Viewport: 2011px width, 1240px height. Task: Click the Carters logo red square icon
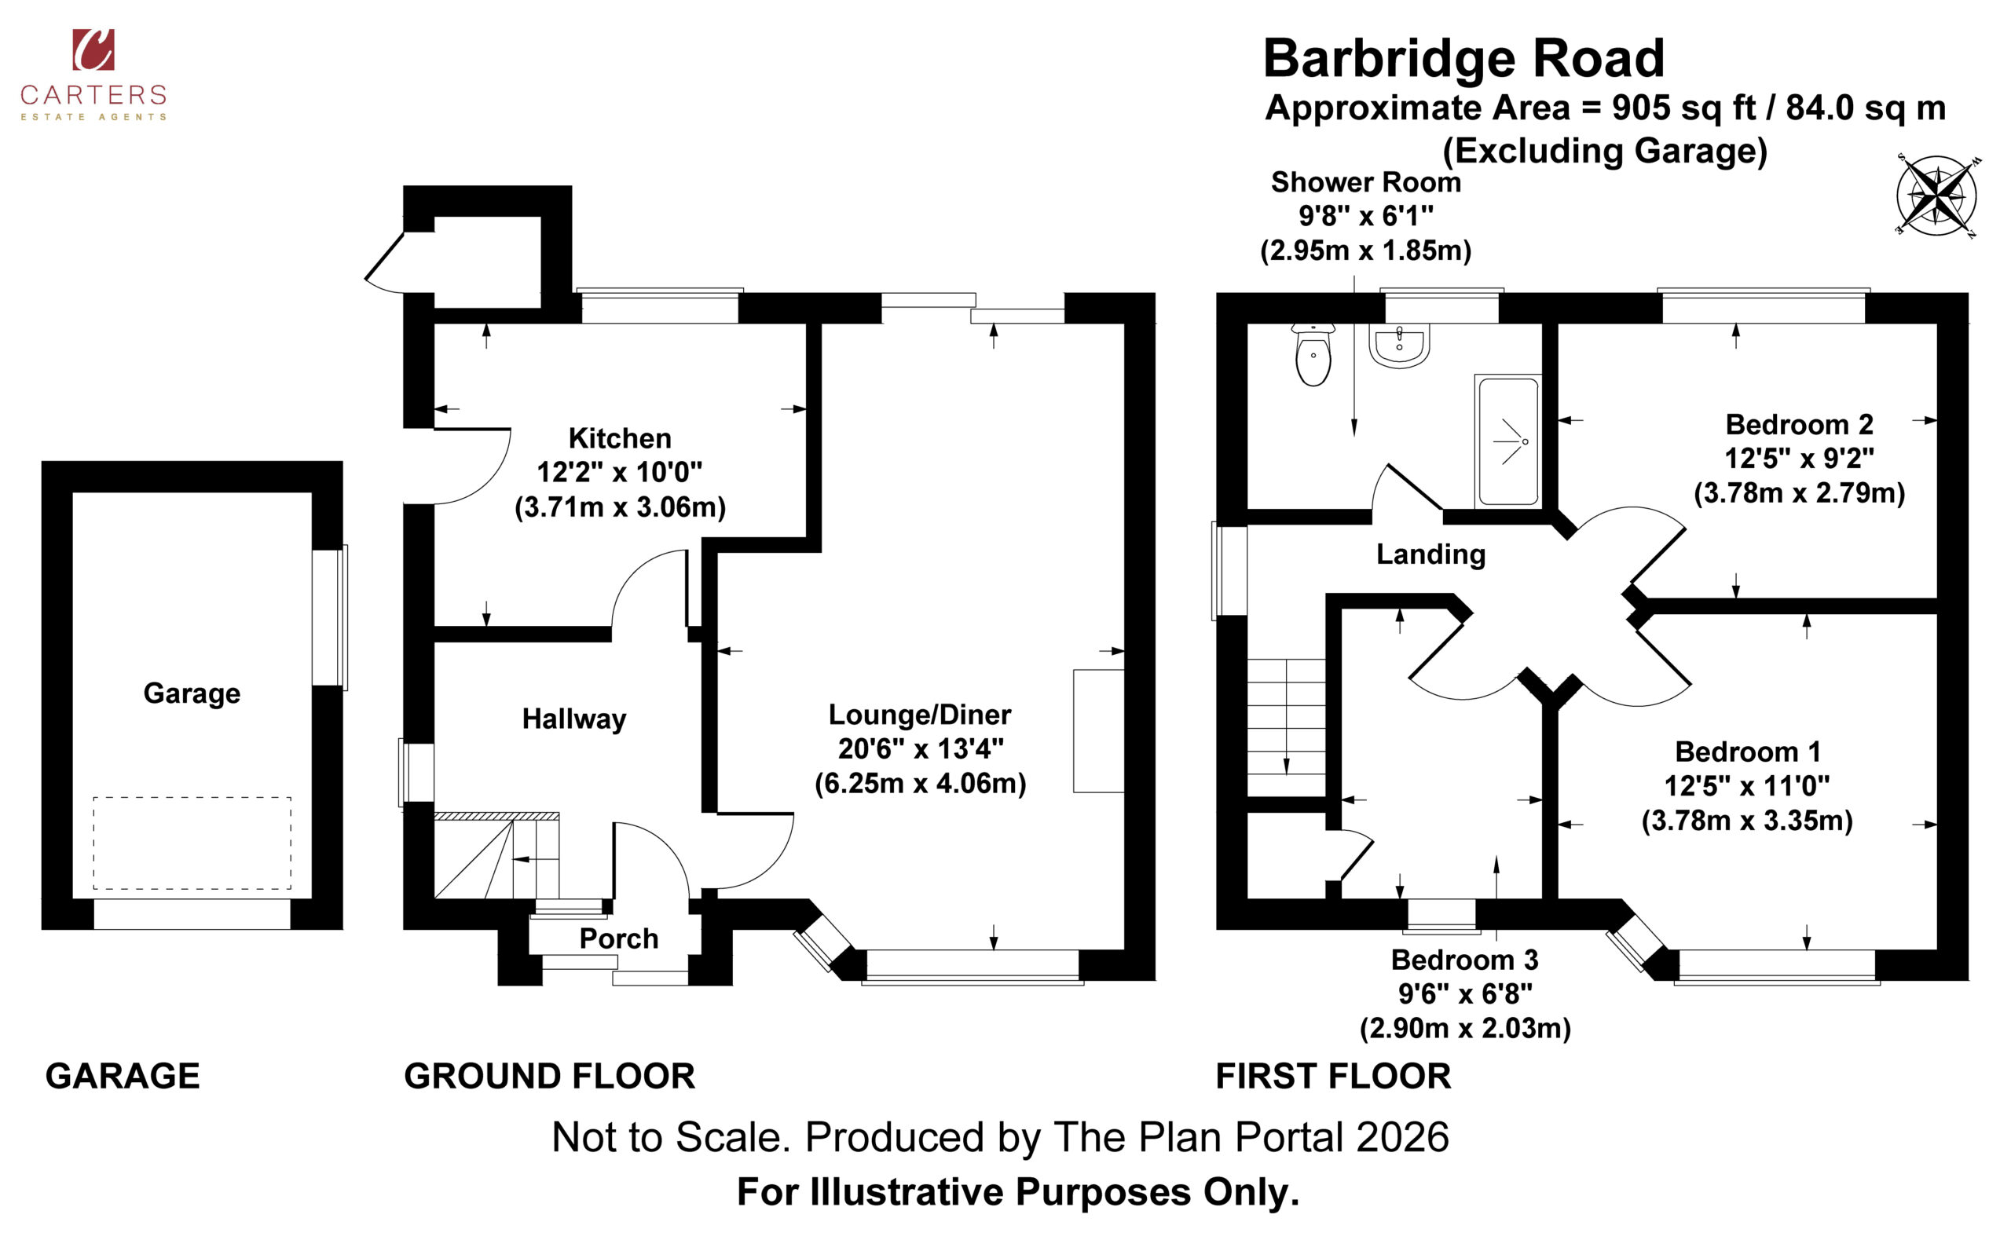click(x=93, y=49)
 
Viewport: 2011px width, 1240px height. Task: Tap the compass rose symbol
click(x=1936, y=196)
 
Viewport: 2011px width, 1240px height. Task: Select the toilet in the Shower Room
click(x=1313, y=355)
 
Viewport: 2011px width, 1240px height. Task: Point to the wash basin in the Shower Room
click(x=1399, y=346)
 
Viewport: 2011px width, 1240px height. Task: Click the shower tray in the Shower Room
click(x=1507, y=442)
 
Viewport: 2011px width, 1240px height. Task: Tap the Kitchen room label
click(x=620, y=439)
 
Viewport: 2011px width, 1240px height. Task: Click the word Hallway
click(x=574, y=719)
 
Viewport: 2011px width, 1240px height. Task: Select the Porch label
click(x=619, y=938)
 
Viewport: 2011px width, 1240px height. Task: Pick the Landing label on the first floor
click(x=1431, y=555)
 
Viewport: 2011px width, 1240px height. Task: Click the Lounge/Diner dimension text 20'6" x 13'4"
click(x=920, y=748)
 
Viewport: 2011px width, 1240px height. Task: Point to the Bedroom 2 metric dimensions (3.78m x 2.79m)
click(x=1800, y=493)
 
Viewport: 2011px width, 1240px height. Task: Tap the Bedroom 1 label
click(x=1748, y=752)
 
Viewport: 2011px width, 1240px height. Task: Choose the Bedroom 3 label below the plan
click(x=1465, y=960)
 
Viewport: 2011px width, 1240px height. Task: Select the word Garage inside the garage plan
click(x=192, y=693)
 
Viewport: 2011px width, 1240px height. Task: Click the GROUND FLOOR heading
click(x=550, y=1076)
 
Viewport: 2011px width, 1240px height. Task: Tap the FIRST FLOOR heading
click(x=1334, y=1076)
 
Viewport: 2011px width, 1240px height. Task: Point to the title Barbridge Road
click(x=1464, y=58)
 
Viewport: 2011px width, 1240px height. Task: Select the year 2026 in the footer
click(x=1403, y=1137)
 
